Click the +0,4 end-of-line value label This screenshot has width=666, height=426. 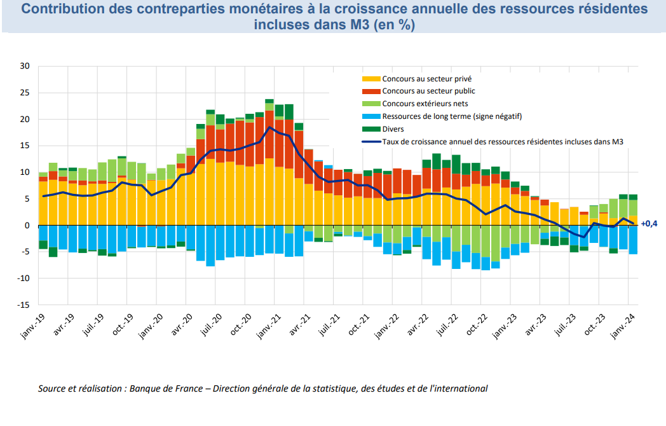649,224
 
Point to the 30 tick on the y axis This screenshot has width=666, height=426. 25,66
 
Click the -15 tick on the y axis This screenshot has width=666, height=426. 24,305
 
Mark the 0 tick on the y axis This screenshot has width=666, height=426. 27,226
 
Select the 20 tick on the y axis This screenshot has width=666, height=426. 25,120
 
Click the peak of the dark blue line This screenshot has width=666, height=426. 269,127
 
